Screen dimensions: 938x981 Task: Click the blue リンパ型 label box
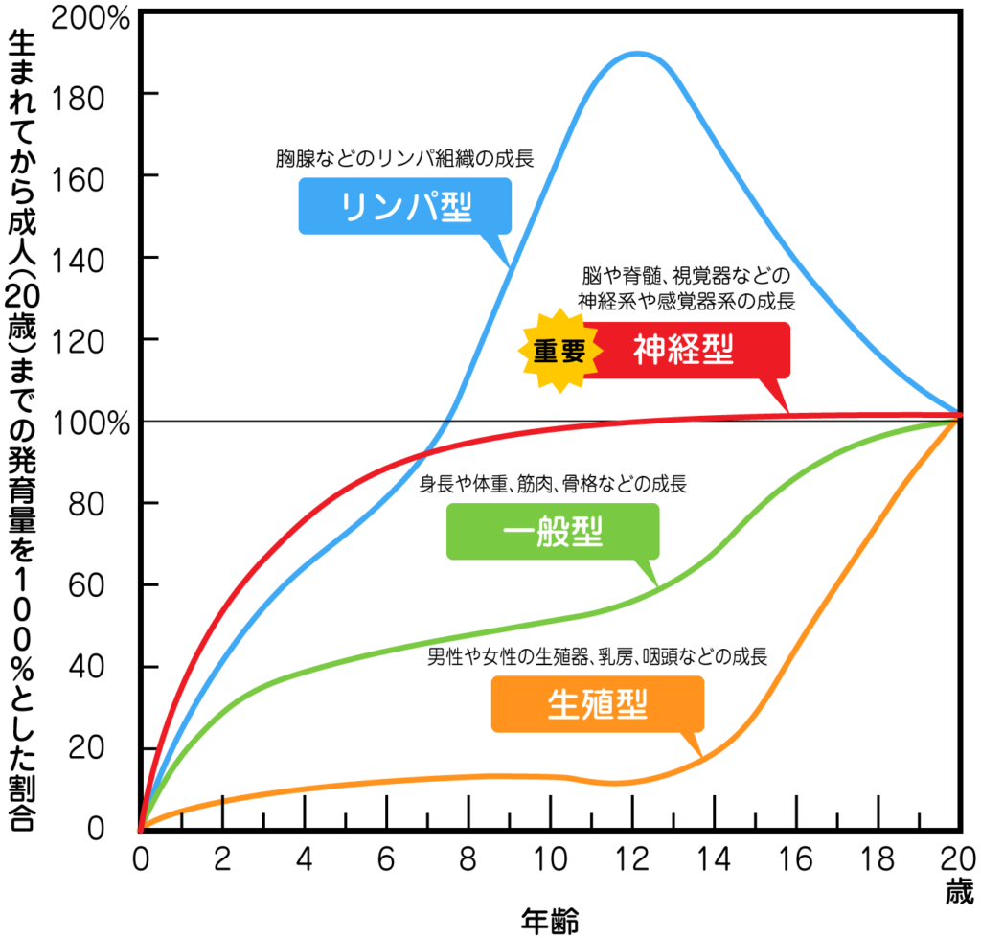click(404, 206)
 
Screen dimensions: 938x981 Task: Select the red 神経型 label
click(686, 351)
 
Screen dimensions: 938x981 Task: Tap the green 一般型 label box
click(553, 531)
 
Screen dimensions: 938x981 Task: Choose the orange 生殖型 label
click(597, 704)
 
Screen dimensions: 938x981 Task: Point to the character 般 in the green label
click(553, 532)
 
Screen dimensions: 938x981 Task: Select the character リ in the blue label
click(355, 207)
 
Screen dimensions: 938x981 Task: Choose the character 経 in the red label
click(683, 351)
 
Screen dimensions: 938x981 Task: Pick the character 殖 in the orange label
click(597, 705)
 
